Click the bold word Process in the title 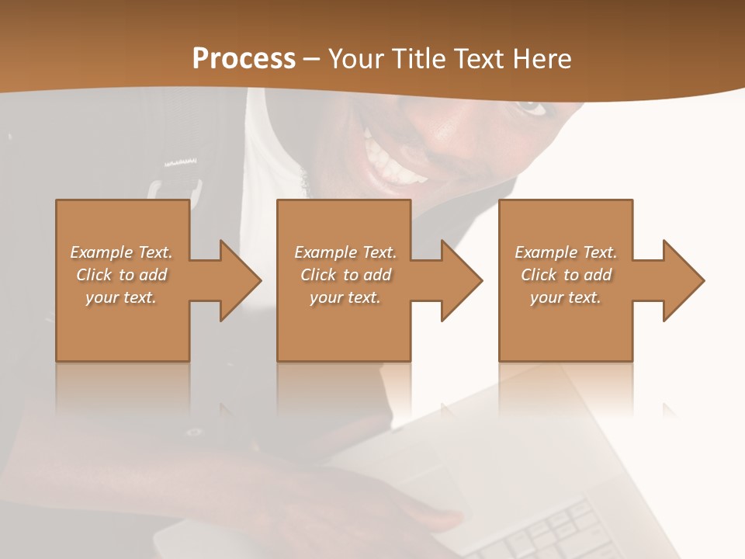point(244,59)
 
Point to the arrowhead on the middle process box point(461,280)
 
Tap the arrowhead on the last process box point(683,280)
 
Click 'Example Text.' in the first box point(121,252)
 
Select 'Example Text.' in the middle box point(345,252)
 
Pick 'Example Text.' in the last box point(566,252)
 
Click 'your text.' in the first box point(121,297)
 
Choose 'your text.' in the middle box point(345,297)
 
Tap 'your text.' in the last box point(566,297)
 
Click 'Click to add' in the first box point(121,275)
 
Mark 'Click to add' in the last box point(566,275)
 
